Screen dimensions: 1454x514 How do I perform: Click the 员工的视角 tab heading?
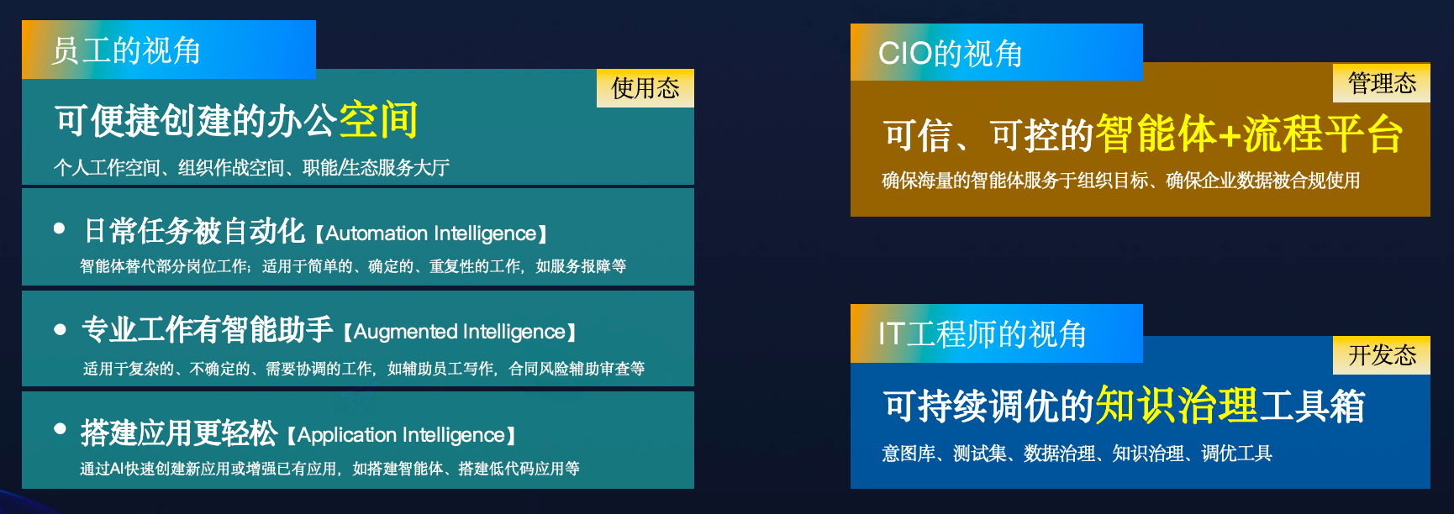pos(126,50)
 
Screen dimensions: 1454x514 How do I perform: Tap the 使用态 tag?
pos(645,88)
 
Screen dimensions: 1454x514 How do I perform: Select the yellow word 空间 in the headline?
pos(378,120)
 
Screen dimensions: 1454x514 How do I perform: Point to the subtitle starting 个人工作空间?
pos(251,168)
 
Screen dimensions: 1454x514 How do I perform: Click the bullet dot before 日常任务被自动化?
pos(59,228)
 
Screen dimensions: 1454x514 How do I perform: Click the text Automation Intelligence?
pos(431,233)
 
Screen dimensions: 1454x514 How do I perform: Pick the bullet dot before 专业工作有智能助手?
pos(60,329)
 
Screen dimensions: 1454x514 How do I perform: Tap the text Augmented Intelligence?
pos(459,332)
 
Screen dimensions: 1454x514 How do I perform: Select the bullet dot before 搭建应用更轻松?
pos(60,428)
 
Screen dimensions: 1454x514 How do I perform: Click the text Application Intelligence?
pos(401,435)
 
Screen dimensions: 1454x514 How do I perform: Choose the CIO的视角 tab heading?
pos(951,54)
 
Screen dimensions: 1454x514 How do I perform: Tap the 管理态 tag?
pos(1382,83)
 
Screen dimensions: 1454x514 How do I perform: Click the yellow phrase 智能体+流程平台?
pos(1249,134)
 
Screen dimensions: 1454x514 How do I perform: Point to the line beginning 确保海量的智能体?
pos(1120,181)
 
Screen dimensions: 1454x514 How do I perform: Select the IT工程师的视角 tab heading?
pos(983,334)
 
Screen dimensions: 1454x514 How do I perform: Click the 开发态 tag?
pos(1382,355)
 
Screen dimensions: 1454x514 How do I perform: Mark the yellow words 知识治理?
pos(1177,406)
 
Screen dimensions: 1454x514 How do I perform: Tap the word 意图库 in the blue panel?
pos(909,454)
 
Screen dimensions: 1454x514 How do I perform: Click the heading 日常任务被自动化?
pos(195,230)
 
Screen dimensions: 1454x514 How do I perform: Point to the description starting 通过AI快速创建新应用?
pos(329,469)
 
